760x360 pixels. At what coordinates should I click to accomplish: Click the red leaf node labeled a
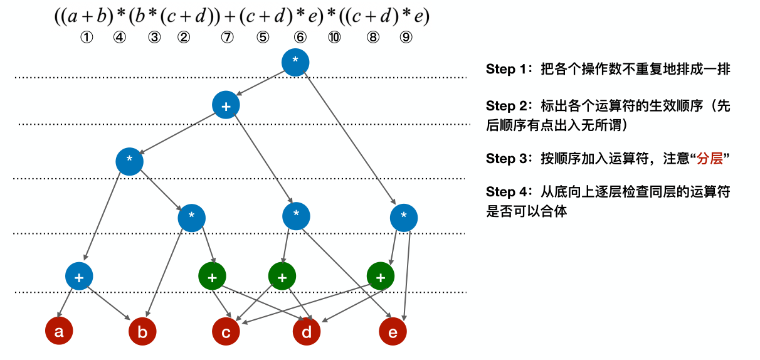click(59, 332)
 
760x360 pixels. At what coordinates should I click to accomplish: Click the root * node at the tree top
click(295, 62)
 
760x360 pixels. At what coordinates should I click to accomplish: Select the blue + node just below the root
click(226, 106)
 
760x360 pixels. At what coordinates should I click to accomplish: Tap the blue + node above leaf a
click(79, 276)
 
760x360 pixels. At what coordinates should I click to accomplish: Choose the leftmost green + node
click(212, 276)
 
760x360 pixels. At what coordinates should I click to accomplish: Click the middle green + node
click(282, 276)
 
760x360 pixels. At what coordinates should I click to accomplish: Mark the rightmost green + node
click(380, 276)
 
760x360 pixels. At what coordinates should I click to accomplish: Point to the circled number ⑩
click(334, 38)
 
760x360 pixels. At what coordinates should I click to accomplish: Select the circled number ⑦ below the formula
click(227, 38)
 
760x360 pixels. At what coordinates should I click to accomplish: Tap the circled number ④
click(119, 38)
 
